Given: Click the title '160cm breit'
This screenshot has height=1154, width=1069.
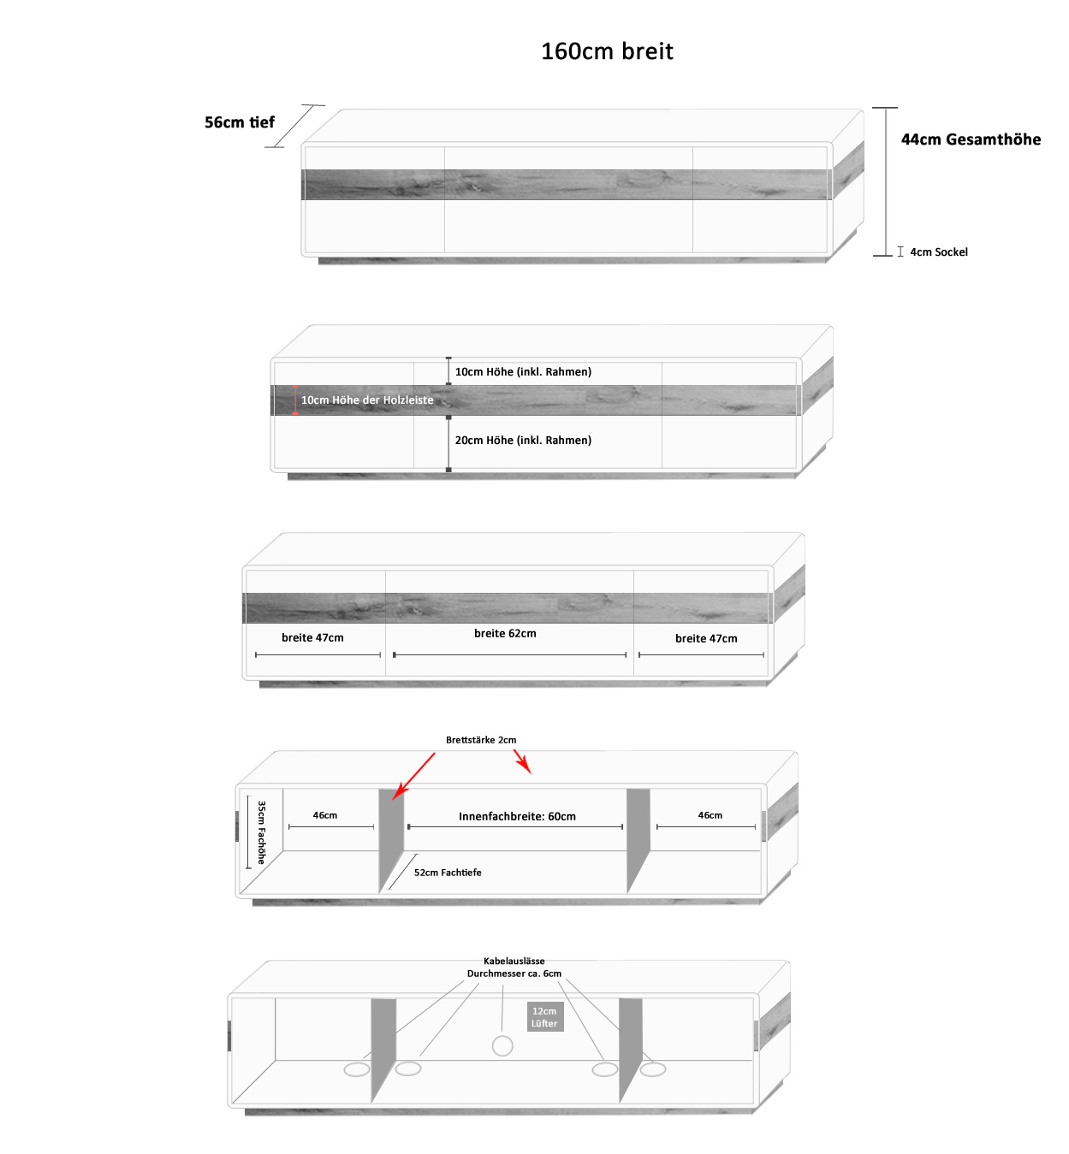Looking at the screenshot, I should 607,51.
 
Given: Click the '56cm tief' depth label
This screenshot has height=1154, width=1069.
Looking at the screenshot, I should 240,122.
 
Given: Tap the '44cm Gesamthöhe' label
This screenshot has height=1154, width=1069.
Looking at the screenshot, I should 971,139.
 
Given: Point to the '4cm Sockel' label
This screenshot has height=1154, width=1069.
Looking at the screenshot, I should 939,252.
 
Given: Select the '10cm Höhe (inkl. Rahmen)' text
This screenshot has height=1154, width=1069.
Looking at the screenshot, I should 523,372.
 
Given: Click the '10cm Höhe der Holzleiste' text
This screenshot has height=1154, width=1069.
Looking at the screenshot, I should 367,400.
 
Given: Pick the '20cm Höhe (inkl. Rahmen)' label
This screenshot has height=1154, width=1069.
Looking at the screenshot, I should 523,441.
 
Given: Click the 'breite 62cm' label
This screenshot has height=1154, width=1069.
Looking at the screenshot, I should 505,634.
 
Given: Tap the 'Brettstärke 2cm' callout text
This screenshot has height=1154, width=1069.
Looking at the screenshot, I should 481,740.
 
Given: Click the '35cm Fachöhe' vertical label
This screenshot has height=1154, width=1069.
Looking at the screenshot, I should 262,832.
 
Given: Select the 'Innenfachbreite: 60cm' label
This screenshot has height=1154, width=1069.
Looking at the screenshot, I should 517,817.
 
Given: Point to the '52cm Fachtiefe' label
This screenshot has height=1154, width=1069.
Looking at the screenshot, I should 448,873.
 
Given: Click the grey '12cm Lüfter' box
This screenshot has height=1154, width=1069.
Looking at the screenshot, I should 544,1017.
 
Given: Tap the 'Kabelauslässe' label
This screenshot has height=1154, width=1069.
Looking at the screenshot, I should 514,962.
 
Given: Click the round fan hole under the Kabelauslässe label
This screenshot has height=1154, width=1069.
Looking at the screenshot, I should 502,1045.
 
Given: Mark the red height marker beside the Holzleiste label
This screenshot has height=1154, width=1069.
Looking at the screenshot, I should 295,399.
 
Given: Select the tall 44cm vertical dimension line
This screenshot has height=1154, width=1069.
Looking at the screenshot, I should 885,181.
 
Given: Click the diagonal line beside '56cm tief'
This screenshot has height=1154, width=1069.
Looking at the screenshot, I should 294,127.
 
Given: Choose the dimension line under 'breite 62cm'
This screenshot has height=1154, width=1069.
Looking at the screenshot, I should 510,655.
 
